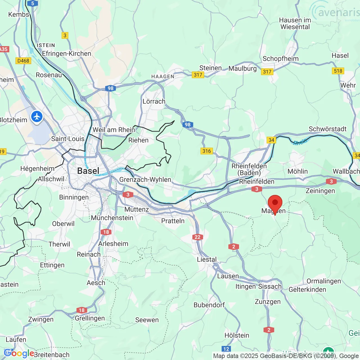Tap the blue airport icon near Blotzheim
pos(37,117)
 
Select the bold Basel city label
pos(88,171)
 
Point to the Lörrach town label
pos(154,101)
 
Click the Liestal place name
pos(207,259)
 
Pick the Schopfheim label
pos(280,58)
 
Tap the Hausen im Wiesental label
pos(295,24)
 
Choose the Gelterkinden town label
pos(307,289)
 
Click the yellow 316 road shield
pos(206,151)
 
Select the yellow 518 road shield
pos(338,71)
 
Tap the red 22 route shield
pos(197,237)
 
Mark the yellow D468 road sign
pos(23,61)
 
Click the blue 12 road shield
pos(226,349)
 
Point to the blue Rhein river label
pos(300,142)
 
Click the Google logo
pos(19,353)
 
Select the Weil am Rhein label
pos(114,130)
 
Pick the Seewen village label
pos(147,320)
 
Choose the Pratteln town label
pos(173,221)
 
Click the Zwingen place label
pos(41,319)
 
